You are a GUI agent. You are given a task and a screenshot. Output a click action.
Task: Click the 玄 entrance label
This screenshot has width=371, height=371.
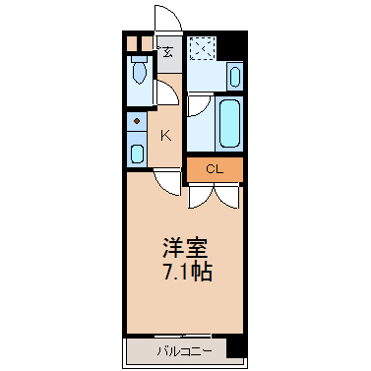pyautogui.click(x=167, y=52)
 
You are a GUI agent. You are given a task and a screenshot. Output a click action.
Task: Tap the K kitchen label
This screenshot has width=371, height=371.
pyautogui.click(x=166, y=135)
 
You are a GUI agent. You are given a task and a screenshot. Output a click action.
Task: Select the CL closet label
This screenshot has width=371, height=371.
pyautogui.click(x=215, y=169)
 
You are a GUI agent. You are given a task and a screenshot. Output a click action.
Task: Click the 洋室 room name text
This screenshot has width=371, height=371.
pyautogui.click(x=185, y=248)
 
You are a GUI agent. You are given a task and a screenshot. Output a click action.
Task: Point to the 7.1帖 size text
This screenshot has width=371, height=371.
pyautogui.click(x=188, y=272)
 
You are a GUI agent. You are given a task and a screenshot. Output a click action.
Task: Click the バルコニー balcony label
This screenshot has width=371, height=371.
pyautogui.click(x=185, y=352)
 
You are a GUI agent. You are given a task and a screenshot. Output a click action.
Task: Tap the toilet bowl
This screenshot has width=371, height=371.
pyautogui.click(x=140, y=71)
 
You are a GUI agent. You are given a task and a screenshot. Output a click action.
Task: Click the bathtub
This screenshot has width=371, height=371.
pyautogui.click(x=229, y=123)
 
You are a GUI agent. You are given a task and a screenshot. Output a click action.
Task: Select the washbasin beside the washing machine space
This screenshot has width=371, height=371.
pyautogui.click(x=235, y=77)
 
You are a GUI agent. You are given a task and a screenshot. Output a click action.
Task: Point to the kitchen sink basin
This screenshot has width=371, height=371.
pyautogui.click(x=137, y=154)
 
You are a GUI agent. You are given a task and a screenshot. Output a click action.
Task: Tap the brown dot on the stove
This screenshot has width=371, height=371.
pyautogui.click(x=137, y=121)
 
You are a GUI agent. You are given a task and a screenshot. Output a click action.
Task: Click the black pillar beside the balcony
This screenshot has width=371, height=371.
pyautogui.click(x=236, y=346)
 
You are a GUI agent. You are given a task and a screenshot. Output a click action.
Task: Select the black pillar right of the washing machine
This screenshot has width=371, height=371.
pyautogui.click(x=231, y=45)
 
